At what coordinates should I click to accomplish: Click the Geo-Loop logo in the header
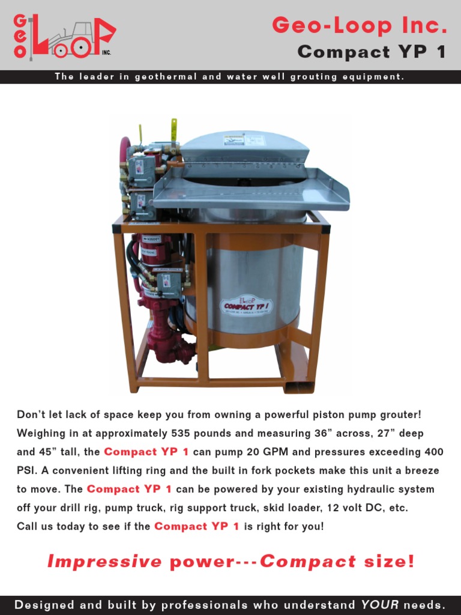point(63,37)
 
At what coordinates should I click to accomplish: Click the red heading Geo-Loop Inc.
point(359,25)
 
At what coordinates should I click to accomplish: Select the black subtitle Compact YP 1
point(372,52)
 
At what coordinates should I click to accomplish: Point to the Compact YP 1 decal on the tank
point(247,305)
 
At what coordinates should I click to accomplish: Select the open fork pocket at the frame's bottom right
point(298,384)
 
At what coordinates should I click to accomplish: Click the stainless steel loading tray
point(252,191)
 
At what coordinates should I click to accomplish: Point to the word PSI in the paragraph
point(27,470)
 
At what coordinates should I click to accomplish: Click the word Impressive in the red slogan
point(104,562)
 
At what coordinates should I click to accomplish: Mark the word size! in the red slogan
point(389,562)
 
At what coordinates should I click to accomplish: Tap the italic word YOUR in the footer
point(380,604)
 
